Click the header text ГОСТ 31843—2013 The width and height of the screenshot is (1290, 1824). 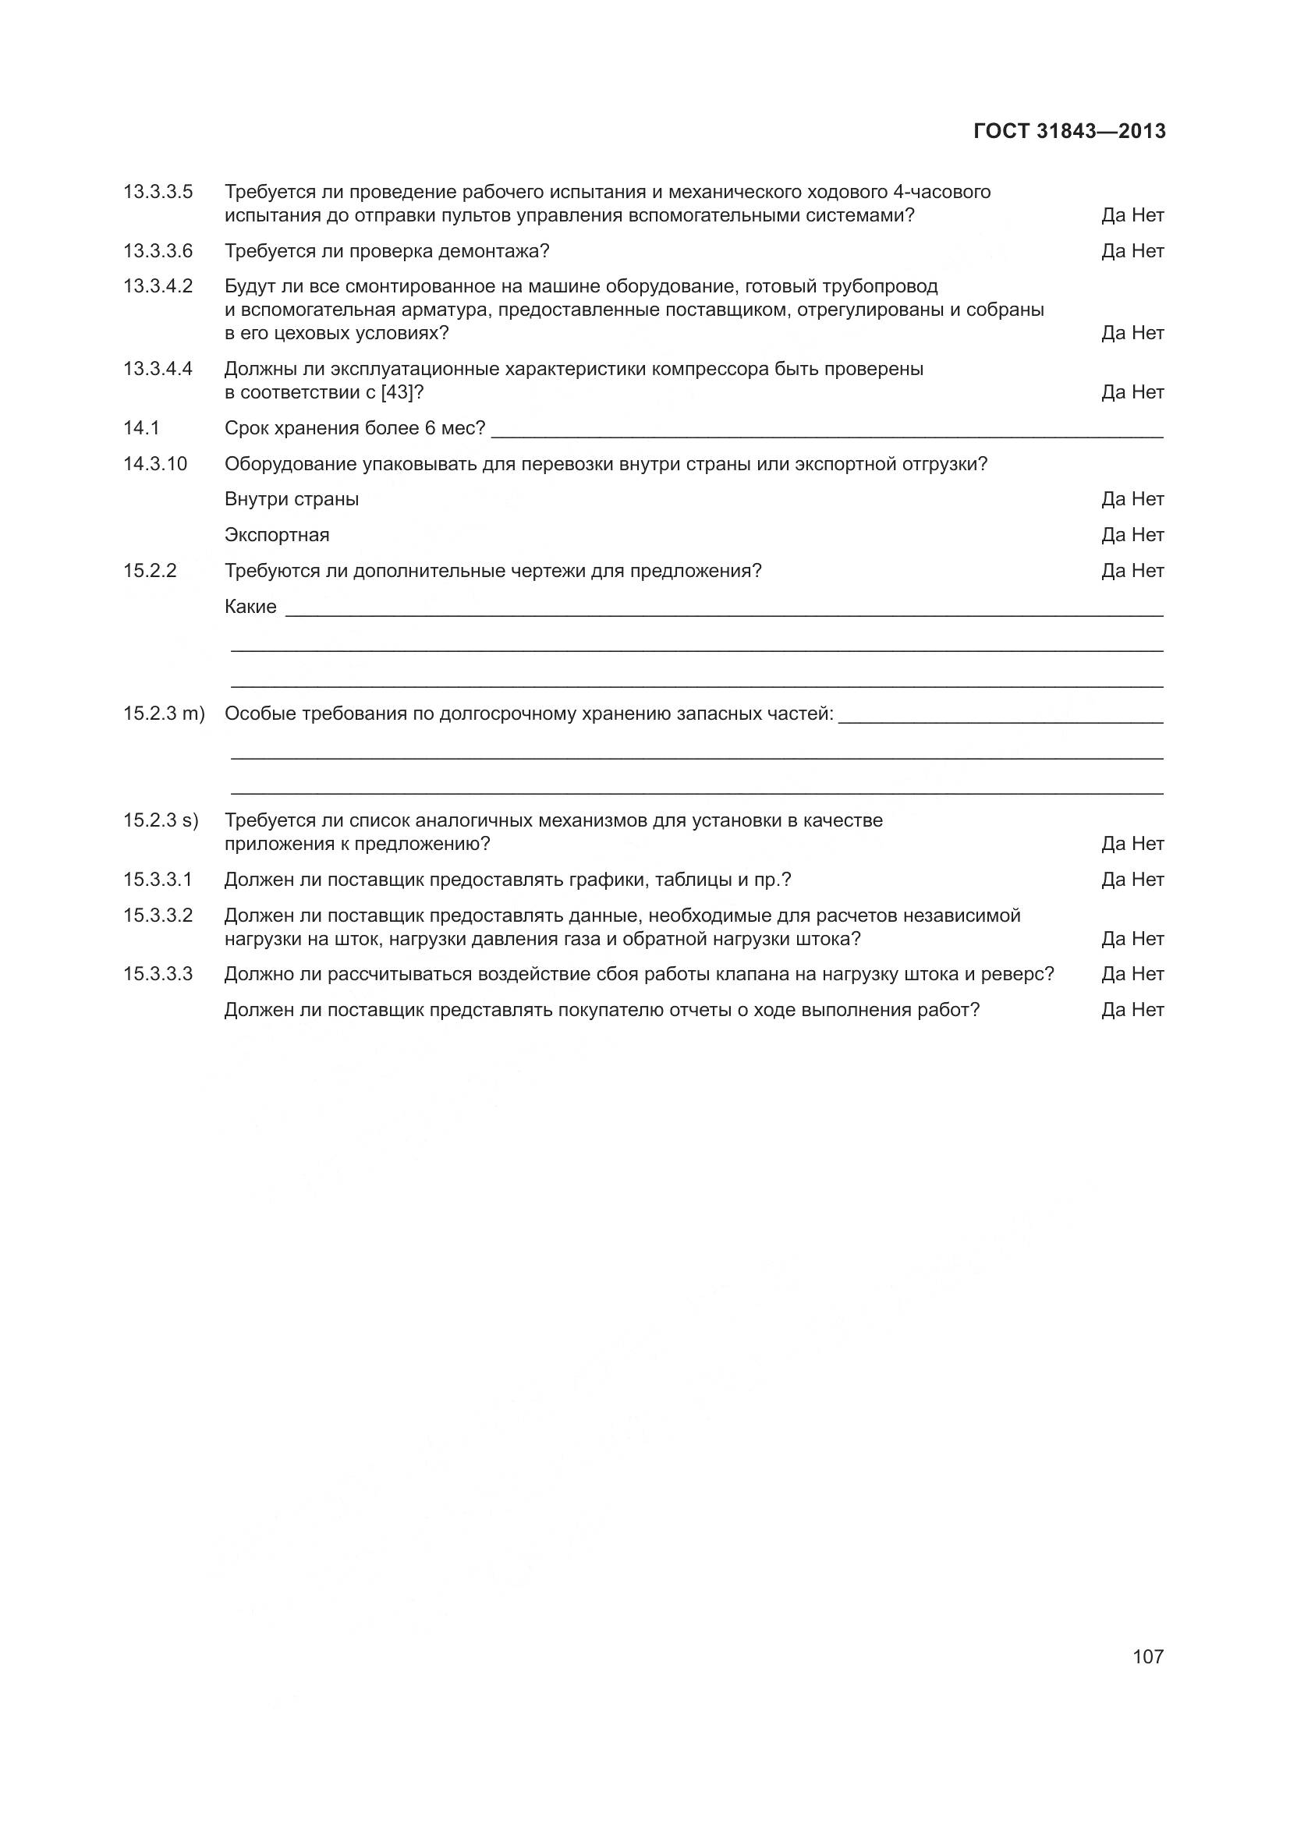coord(1069,131)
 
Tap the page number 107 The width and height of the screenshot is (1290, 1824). coord(1148,1656)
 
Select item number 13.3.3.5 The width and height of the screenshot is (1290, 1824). coord(158,192)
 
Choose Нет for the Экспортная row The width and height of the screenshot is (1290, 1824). coord(1148,535)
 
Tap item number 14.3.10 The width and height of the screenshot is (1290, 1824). coord(155,464)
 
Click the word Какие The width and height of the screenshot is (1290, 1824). coord(250,607)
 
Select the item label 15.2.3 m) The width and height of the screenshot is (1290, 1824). coord(164,714)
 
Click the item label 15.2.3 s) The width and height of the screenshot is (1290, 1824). coord(161,820)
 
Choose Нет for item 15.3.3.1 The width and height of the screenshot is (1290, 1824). coord(1148,880)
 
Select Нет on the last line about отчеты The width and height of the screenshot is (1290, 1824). coord(1148,1010)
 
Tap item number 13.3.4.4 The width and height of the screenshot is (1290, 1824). coord(158,369)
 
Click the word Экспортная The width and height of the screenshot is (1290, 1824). coord(276,535)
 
